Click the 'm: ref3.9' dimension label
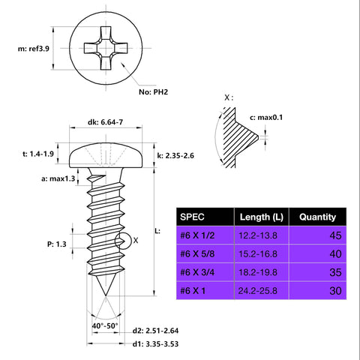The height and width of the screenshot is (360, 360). click(x=28, y=49)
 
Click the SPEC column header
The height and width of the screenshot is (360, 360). click(x=193, y=217)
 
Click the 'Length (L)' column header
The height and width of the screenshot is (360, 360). click(x=259, y=217)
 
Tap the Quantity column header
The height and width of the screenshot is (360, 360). click(x=317, y=217)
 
